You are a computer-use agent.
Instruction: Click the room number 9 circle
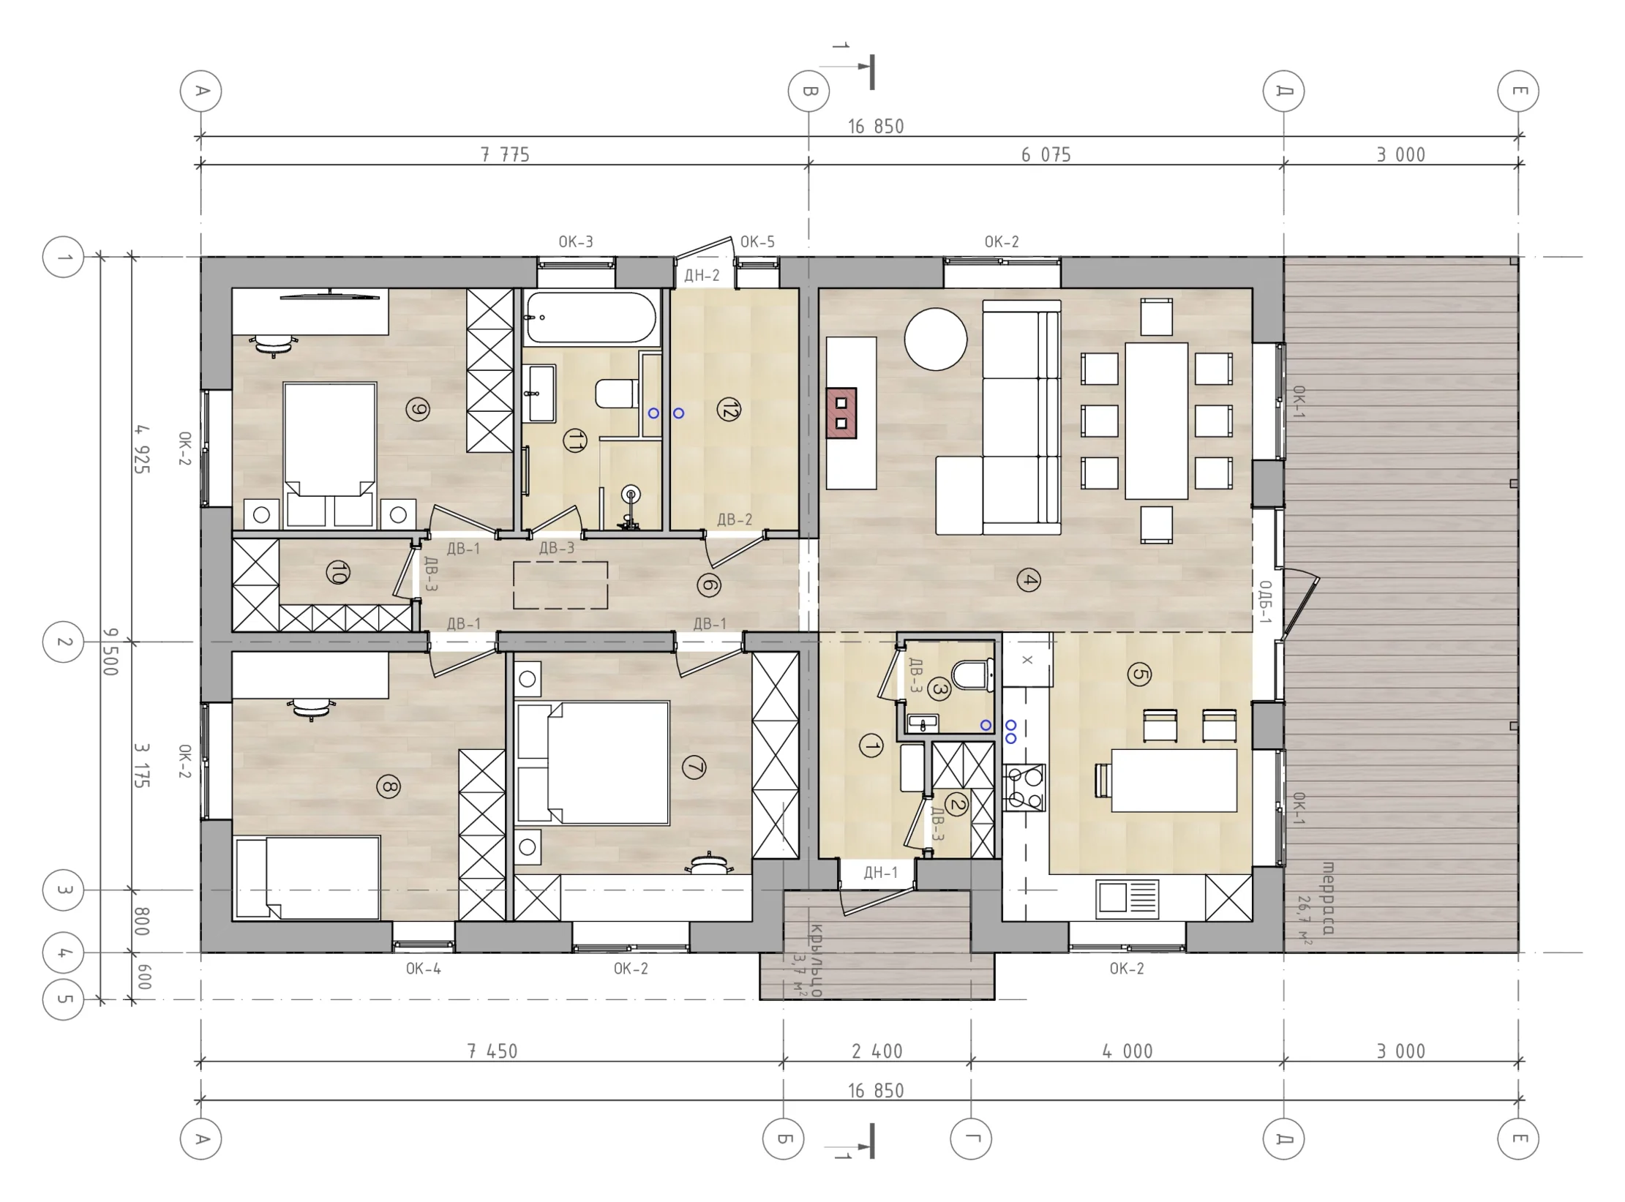(418, 410)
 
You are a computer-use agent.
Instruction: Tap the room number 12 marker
(729, 410)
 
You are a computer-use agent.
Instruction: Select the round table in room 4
(935, 339)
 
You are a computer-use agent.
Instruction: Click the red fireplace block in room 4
(841, 413)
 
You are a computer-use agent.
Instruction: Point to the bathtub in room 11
(591, 318)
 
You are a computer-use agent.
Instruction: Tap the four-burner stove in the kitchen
(1024, 787)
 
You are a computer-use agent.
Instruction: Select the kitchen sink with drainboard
(1127, 899)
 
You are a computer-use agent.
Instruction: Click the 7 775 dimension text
(505, 154)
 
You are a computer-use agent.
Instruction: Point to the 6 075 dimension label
(1046, 154)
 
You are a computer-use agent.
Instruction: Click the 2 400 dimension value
(877, 1051)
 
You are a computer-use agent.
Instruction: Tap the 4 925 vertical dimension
(142, 449)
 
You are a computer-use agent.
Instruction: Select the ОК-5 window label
(757, 241)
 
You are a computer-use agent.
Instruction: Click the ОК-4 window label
(424, 969)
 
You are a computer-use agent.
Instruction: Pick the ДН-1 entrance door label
(880, 872)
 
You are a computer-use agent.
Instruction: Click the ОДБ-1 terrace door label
(1265, 602)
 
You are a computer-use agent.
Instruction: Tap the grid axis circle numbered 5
(64, 999)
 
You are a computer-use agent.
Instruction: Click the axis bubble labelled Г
(971, 1138)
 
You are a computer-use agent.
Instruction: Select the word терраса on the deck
(1328, 898)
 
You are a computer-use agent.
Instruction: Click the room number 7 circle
(694, 768)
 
